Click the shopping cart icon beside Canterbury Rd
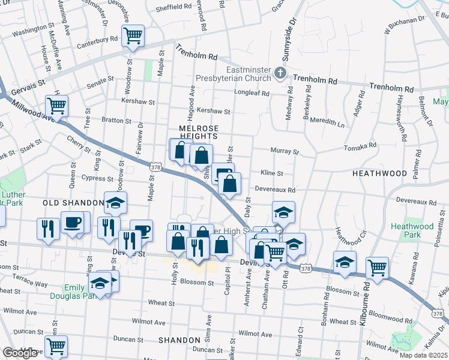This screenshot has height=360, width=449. tap(133, 35)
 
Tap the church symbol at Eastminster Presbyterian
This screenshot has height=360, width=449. tap(279, 74)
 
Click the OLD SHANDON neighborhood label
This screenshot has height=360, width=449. tap(67, 203)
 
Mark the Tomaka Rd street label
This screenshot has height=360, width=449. tap(360, 146)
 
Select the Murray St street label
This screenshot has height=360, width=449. tap(285, 152)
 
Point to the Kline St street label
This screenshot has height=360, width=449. tap(272, 173)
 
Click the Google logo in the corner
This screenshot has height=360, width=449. tap(20, 353)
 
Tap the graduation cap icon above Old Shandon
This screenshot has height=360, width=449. tap(116, 203)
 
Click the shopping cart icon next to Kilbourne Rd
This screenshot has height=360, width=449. tap(377, 268)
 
